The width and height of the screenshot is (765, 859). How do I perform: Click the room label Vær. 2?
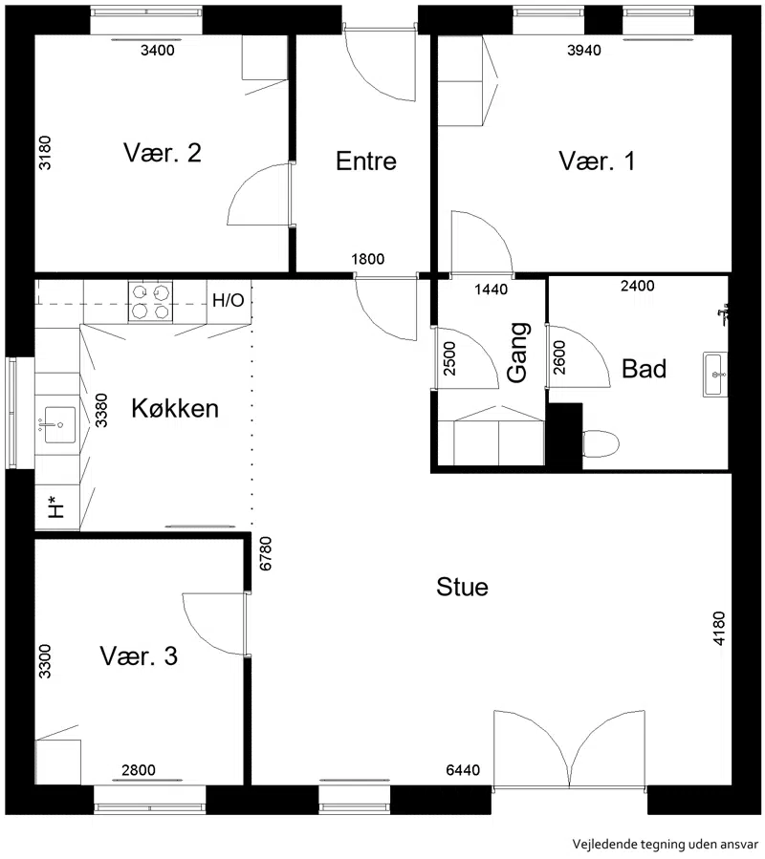(163, 153)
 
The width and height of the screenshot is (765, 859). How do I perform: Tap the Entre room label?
(366, 161)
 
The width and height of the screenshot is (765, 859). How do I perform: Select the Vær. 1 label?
(597, 161)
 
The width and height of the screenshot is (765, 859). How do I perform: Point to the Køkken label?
(175, 408)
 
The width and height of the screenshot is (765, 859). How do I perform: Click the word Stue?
(462, 587)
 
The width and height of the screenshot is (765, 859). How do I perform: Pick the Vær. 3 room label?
(139, 655)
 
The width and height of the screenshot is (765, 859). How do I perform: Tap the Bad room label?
(644, 369)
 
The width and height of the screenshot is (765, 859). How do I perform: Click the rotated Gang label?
(518, 353)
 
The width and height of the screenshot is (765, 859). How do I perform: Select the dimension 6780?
(266, 554)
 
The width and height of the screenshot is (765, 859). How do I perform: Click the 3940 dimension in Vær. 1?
(584, 51)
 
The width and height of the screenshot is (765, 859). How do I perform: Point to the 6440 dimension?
(463, 770)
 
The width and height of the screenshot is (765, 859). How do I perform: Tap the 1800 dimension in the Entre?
(367, 259)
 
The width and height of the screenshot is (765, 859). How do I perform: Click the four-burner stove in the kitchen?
(150, 301)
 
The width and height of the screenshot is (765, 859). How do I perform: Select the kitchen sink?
(60, 424)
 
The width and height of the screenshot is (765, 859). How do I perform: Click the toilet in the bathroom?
(601, 443)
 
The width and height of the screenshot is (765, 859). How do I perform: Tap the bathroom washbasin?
(715, 375)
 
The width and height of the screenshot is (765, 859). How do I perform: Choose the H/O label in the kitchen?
(229, 300)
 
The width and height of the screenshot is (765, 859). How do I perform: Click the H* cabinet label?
(55, 506)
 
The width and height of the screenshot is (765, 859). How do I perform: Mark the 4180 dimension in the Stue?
(719, 629)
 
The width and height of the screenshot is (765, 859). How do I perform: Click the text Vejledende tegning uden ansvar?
(666, 845)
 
